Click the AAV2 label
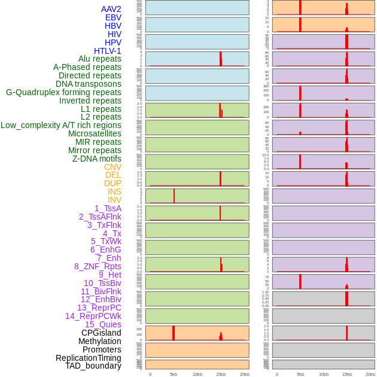click(x=111, y=9)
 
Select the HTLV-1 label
click(x=107, y=51)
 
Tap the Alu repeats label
click(x=100, y=59)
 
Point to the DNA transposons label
click(x=89, y=84)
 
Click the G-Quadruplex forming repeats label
click(x=63, y=92)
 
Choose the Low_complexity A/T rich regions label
click(x=61, y=125)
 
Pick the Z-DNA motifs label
click(x=97, y=159)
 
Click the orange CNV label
click(x=113, y=167)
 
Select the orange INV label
click(x=114, y=200)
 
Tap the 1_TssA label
click(x=108, y=208)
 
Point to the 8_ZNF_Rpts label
click(x=98, y=266)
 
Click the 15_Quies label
click(x=103, y=324)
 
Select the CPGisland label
click(x=101, y=333)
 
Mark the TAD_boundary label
click(x=93, y=366)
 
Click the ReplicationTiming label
click(x=89, y=358)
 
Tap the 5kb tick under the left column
click(x=174, y=374)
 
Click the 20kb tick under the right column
click(x=370, y=374)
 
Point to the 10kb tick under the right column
click(x=324, y=374)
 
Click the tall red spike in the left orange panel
click(x=174, y=333)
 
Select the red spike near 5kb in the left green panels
click(x=174, y=196)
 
